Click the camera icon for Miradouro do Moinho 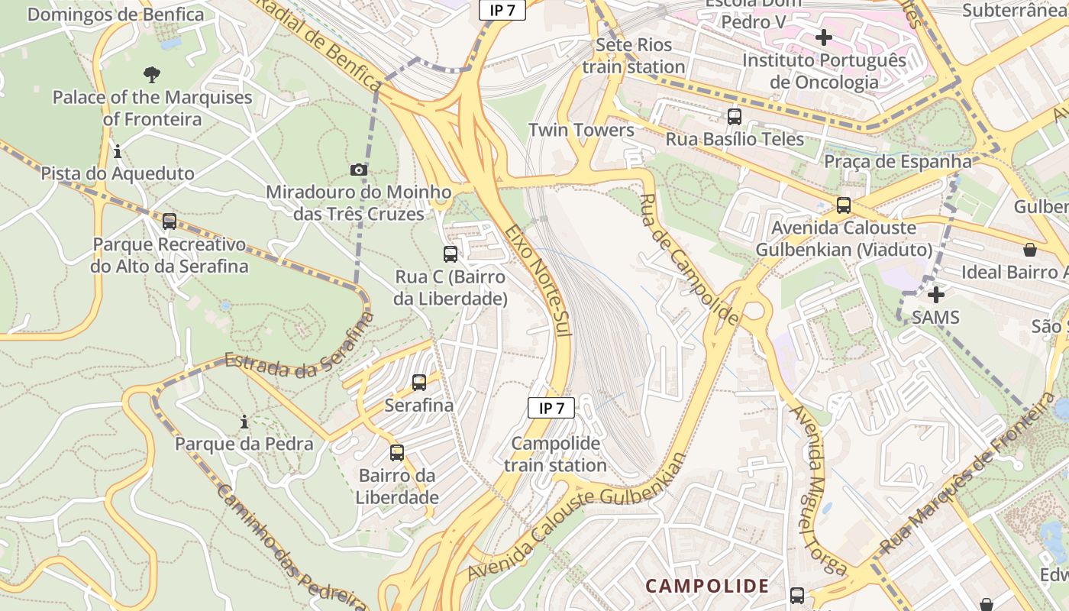(x=359, y=170)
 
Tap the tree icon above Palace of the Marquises (x=152, y=74)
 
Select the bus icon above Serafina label (x=419, y=383)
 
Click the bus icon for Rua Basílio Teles (x=735, y=117)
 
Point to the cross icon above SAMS (x=935, y=294)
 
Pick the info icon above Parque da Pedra (x=244, y=422)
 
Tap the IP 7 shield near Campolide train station (x=551, y=408)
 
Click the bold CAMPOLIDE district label (x=707, y=586)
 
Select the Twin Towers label (x=581, y=130)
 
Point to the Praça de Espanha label (x=897, y=161)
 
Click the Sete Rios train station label (x=634, y=56)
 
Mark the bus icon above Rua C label (x=451, y=254)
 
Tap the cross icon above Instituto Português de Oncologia (x=823, y=37)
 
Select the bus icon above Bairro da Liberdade (x=397, y=453)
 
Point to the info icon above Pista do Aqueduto (x=118, y=151)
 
